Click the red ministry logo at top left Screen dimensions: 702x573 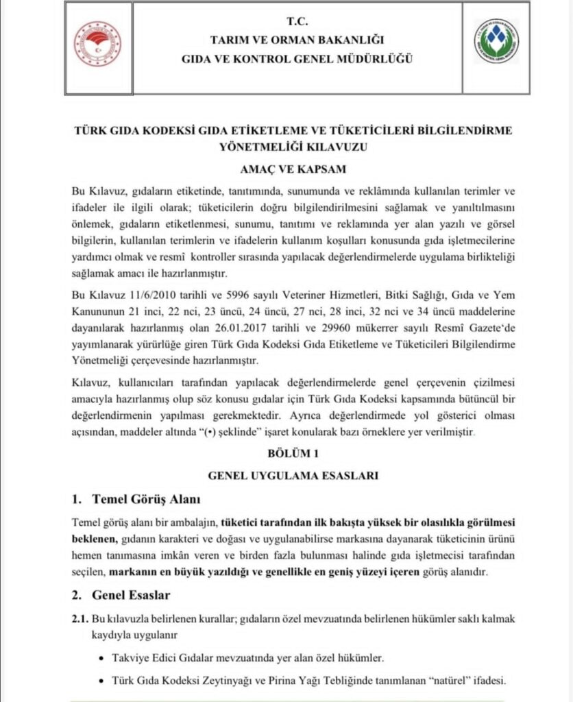97,45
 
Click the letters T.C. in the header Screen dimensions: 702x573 297,23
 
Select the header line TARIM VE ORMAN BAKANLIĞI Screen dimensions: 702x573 297,40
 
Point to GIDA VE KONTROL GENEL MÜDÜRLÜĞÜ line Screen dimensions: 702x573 297,59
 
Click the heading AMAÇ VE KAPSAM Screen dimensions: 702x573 293,169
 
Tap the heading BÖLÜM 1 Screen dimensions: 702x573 293,454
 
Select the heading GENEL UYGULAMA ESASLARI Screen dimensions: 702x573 293,475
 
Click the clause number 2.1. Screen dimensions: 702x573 80,618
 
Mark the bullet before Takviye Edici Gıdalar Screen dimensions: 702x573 102,659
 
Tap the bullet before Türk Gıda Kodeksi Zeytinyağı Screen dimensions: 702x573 102,681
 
